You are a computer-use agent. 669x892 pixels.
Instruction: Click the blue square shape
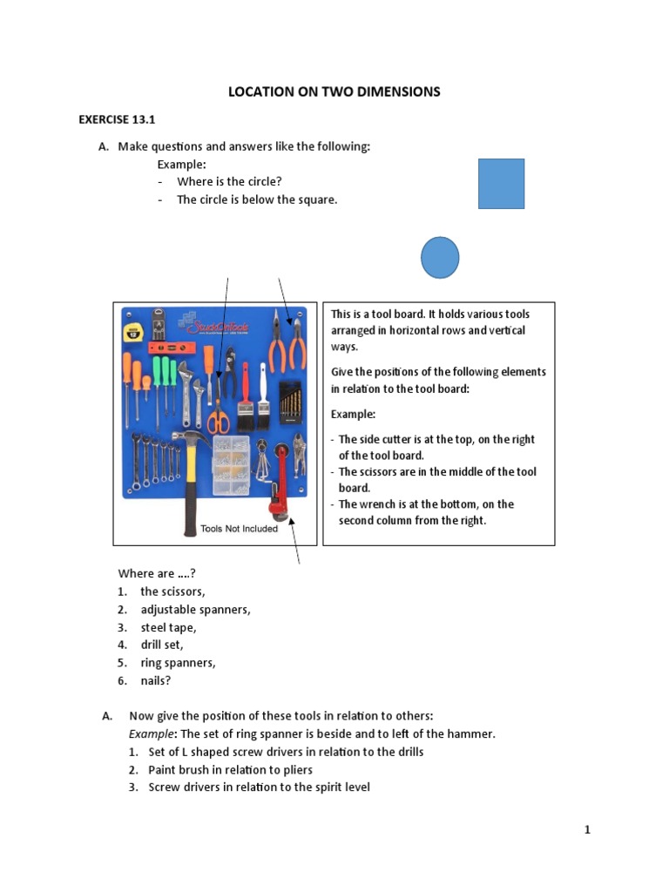click(501, 184)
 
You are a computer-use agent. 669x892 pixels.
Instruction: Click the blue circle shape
click(440, 258)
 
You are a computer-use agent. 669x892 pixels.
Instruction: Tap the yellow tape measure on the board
click(133, 330)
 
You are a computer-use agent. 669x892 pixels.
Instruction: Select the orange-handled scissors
click(219, 420)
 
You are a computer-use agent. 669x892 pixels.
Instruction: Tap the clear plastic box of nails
click(231, 466)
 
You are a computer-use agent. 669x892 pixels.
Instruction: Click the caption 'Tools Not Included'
click(239, 529)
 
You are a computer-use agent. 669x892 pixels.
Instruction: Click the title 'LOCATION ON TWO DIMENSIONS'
click(334, 91)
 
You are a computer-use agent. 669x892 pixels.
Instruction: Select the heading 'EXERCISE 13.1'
click(111, 119)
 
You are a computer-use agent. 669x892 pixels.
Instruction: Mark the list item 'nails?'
click(158, 680)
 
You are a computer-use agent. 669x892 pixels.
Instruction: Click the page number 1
click(587, 830)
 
